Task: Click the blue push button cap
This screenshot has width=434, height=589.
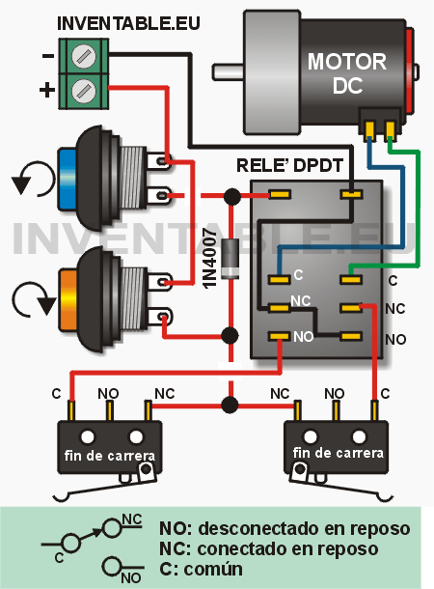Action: click(x=67, y=180)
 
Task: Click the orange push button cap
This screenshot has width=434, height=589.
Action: click(x=68, y=299)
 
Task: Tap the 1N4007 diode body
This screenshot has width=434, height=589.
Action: click(x=230, y=259)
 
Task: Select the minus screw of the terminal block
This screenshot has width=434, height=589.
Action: click(x=83, y=56)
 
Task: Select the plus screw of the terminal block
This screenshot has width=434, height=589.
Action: click(x=83, y=91)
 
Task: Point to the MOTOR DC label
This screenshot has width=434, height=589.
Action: click(x=346, y=73)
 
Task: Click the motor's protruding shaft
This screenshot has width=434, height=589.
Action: click(x=228, y=71)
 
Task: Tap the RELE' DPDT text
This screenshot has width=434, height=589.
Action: click(x=289, y=165)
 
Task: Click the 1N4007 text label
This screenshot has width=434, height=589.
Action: click(x=210, y=258)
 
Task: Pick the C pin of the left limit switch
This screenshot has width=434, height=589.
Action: click(x=71, y=410)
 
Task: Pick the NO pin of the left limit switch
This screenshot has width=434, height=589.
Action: click(x=109, y=410)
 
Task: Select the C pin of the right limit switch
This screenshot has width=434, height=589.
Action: click(x=373, y=410)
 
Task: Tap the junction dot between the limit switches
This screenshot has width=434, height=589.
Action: click(x=230, y=406)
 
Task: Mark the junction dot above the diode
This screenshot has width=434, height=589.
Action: click(x=231, y=196)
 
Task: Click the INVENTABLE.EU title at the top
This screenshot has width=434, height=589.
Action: click(x=128, y=23)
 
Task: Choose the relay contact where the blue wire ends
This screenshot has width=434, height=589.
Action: click(x=279, y=279)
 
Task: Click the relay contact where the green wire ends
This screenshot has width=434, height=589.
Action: click(x=351, y=279)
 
